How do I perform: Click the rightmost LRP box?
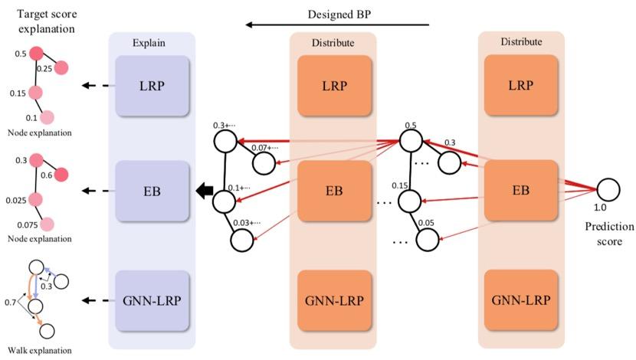(521, 86)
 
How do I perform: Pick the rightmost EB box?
(521, 190)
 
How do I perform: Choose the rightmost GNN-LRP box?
(521, 300)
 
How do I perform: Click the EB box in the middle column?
(333, 191)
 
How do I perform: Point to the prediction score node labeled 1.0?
(608, 189)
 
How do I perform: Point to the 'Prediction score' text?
(609, 234)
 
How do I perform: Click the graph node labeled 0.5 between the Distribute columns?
(411, 141)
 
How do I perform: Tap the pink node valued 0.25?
(60, 67)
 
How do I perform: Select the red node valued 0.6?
(61, 174)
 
